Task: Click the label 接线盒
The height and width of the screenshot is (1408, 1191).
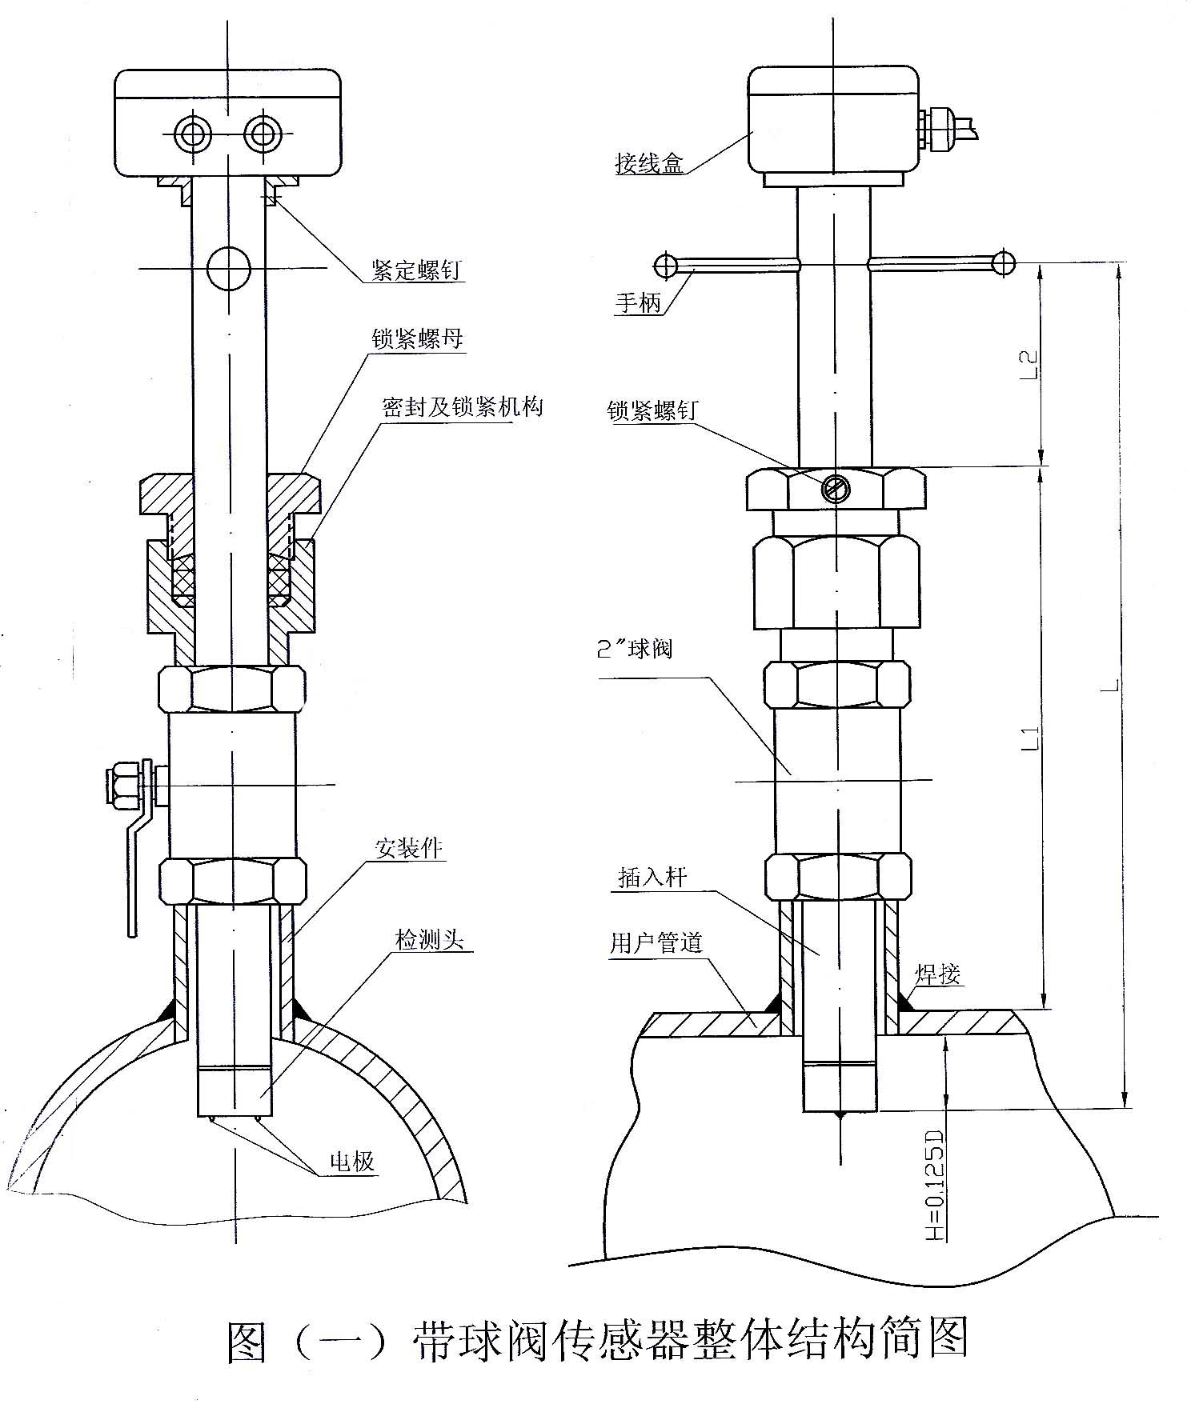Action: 649,165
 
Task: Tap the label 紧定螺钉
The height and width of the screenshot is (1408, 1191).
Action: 416,270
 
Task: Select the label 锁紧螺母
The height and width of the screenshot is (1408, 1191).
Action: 417,339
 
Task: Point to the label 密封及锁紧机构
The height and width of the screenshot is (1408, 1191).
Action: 462,407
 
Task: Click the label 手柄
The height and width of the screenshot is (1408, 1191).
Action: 638,304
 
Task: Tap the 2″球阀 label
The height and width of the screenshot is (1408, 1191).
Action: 636,648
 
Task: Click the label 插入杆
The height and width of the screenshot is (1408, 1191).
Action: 652,878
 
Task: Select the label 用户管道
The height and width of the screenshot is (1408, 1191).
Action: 656,944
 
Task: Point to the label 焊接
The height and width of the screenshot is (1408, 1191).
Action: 939,974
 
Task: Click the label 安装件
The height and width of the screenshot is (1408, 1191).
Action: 410,848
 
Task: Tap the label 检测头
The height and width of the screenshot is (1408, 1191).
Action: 429,940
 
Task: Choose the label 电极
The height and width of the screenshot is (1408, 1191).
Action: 352,1161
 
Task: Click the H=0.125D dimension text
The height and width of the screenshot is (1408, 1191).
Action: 934,1186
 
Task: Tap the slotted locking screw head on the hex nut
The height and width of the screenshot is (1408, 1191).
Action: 836,487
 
